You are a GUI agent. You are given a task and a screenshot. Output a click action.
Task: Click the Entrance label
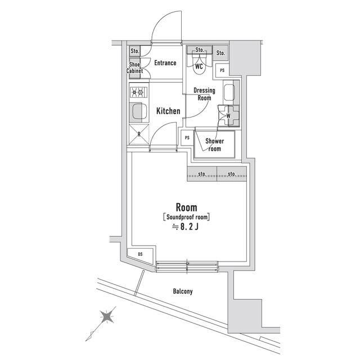click(x=165, y=63)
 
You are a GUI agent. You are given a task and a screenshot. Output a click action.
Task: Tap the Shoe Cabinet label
click(x=135, y=67)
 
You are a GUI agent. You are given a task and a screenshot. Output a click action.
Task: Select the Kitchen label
click(x=168, y=111)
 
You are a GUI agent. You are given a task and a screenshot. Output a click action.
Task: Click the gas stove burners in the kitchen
click(x=137, y=92)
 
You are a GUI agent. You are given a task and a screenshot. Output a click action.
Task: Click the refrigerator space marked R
click(x=138, y=134)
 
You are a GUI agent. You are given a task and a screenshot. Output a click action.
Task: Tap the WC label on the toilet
click(x=199, y=66)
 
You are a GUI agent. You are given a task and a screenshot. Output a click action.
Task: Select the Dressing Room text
click(x=204, y=94)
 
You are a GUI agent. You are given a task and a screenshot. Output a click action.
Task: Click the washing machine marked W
click(x=228, y=116)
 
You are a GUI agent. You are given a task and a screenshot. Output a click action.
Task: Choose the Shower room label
click(x=214, y=145)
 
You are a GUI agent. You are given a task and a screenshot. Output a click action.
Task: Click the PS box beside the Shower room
click(x=186, y=137)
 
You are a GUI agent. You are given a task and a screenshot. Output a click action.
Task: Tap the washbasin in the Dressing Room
click(x=229, y=93)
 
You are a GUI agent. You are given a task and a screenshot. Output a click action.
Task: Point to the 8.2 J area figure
click(x=186, y=226)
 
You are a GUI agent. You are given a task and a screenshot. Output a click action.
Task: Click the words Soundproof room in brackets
click(x=186, y=216)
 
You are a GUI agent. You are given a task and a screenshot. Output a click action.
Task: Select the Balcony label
click(x=183, y=291)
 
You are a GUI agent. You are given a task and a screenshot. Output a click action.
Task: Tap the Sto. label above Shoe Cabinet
click(x=134, y=51)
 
